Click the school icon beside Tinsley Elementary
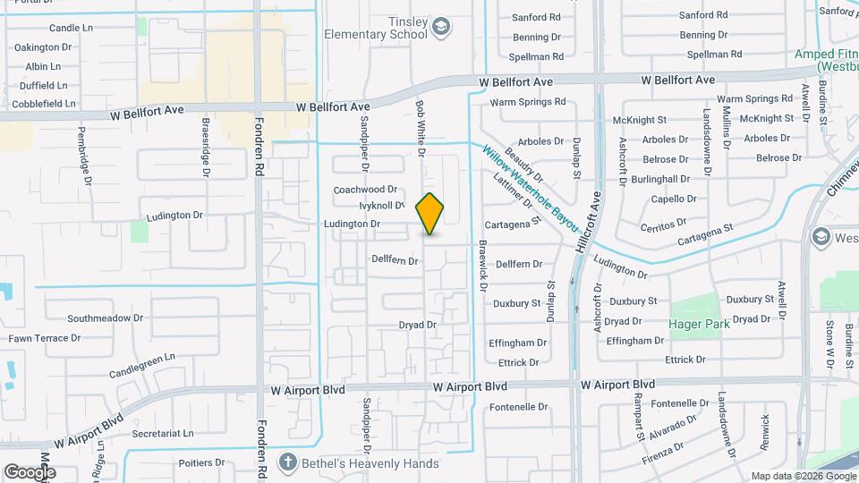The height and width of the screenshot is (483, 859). pyautogui.click(x=440, y=28)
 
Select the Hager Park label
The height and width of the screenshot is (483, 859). pyautogui.click(x=699, y=324)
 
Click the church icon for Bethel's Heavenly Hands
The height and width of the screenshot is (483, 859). pyautogui.click(x=286, y=462)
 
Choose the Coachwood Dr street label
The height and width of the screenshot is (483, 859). pyautogui.click(x=365, y=190)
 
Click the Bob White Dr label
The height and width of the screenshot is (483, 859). pyautogui.click(x=420, y=129)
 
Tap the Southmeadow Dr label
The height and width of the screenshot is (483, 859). pyautogui.click(x=106, y=318)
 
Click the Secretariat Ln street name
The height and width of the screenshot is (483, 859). pyautogui.click(x=162, y=433)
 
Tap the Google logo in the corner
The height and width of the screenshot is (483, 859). pyautogui.click(x=29, y=471)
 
